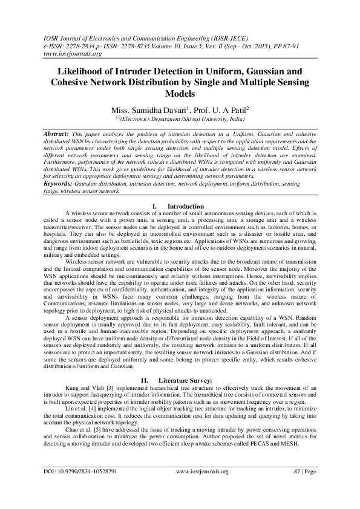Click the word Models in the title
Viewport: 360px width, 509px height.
point(180,94)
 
